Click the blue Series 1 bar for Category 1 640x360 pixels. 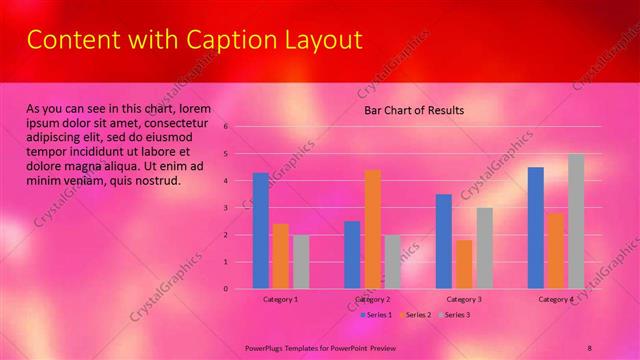click(260, 231)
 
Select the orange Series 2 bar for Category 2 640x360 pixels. click(372, 229)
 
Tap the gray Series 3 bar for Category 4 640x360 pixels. click(576, 221)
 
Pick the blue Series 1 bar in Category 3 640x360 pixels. click(444, 241)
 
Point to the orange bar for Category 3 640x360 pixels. click(464, 264)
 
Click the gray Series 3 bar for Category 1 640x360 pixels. click(301, 262)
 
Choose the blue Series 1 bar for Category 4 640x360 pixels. click(536, 228)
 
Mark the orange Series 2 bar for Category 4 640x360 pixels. click(556, 251)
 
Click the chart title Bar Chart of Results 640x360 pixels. click(413, 110)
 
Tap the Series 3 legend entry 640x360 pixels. click(456, 315)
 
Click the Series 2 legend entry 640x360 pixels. click(417, 315)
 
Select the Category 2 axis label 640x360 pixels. click(372, 299)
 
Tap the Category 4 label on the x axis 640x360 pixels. click(556, 299)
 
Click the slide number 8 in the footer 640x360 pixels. click(589, 346)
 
